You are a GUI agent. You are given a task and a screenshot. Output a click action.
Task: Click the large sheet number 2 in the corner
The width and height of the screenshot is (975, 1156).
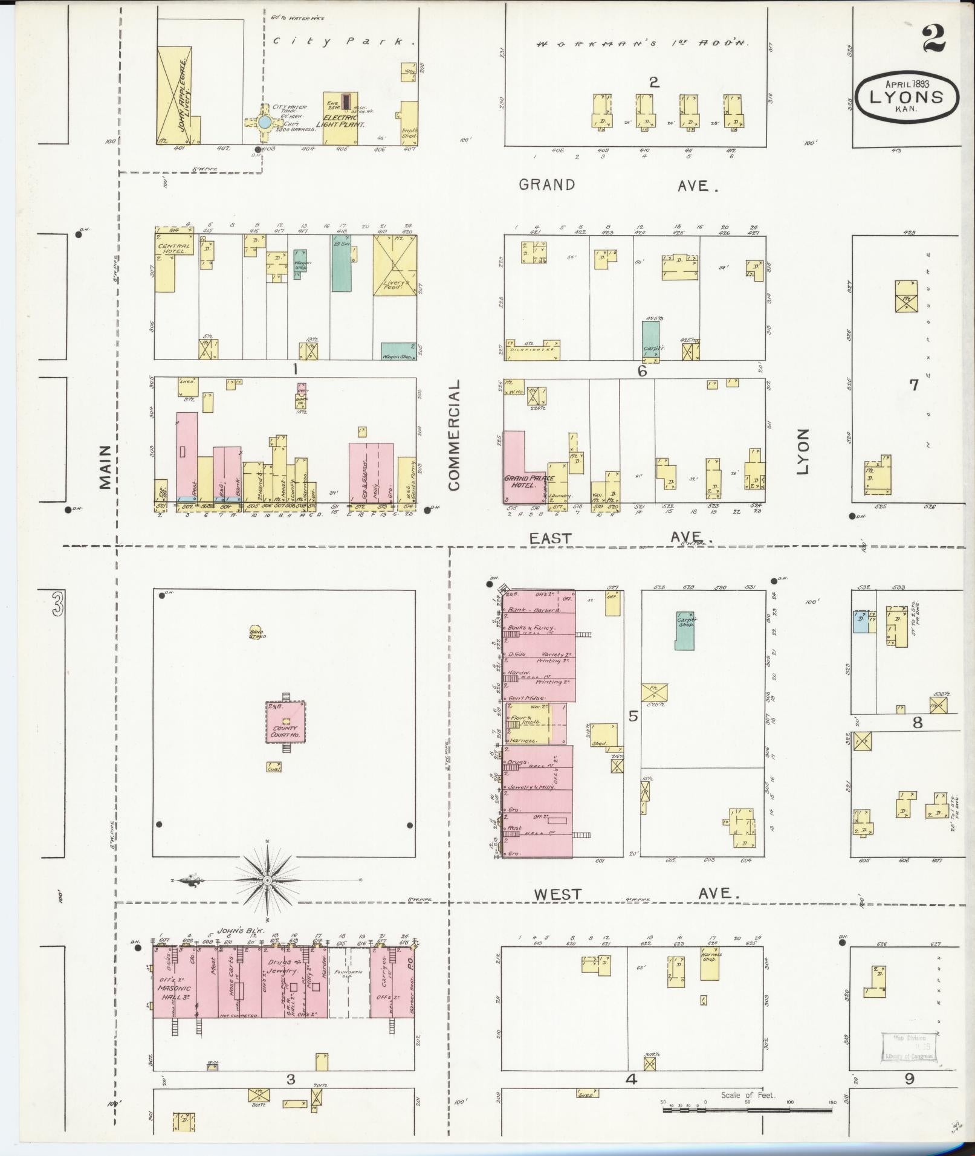tap(935, 40)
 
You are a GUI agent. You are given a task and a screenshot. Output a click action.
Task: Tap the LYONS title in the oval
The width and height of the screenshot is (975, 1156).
tap(906, 97)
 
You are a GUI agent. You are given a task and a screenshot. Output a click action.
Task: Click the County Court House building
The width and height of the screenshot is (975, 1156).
tap(285, 722)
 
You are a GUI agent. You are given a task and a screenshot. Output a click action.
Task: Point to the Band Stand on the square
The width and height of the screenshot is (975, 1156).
tap(255, 632)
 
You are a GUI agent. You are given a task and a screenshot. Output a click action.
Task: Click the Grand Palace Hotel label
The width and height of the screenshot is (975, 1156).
tap(520, 482)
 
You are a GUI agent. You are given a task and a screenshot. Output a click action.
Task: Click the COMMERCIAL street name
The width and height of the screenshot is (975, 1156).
tap(455, 434)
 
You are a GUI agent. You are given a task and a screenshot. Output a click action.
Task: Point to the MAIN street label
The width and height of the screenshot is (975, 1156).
tap(105, 467)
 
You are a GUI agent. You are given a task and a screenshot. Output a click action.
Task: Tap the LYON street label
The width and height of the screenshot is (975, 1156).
tap(802, 451)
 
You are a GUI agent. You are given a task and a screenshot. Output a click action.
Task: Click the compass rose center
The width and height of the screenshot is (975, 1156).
tap(267, 880)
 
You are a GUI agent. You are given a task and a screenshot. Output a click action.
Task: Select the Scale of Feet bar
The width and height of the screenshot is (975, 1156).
tap(747, 1110)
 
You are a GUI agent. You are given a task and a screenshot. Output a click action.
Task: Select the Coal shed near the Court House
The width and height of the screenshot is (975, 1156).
tap(274, 766)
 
